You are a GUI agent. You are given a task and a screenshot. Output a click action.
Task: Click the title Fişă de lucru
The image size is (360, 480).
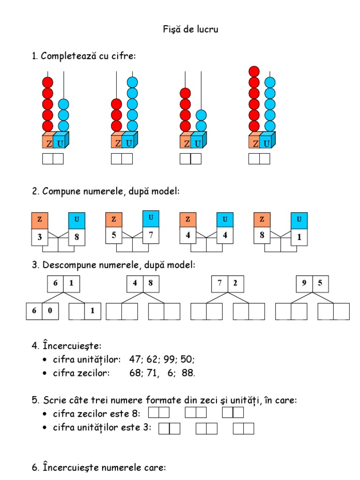pyautogui.click(x=190, y=30)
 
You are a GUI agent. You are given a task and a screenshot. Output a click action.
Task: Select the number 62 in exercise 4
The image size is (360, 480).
pyautogui.click(x=153, y=360)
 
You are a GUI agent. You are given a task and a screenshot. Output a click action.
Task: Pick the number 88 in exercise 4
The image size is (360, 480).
pyautogui.click(x=188, y=374)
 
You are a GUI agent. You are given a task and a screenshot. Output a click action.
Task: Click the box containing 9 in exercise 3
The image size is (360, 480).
pyautogui.click(x=304, y=283)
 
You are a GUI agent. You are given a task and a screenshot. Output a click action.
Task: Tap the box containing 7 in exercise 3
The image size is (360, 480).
pyautogui.click(x=220, y=283)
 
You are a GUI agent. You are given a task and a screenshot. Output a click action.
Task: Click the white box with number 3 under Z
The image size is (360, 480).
pyautogui.click(x=40, y=237)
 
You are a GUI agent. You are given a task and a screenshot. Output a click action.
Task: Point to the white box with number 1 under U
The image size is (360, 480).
pyautogui.click(x=299, y=237)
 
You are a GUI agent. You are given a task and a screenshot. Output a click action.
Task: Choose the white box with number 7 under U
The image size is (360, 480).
pyautogui.click(x=150, y=236)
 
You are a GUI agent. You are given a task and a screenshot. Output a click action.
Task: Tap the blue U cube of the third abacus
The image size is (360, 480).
pyautogui.click(x=198, y=143)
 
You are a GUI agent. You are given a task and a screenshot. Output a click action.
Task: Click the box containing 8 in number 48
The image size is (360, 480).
pyautogui.click(x=151, y=283)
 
